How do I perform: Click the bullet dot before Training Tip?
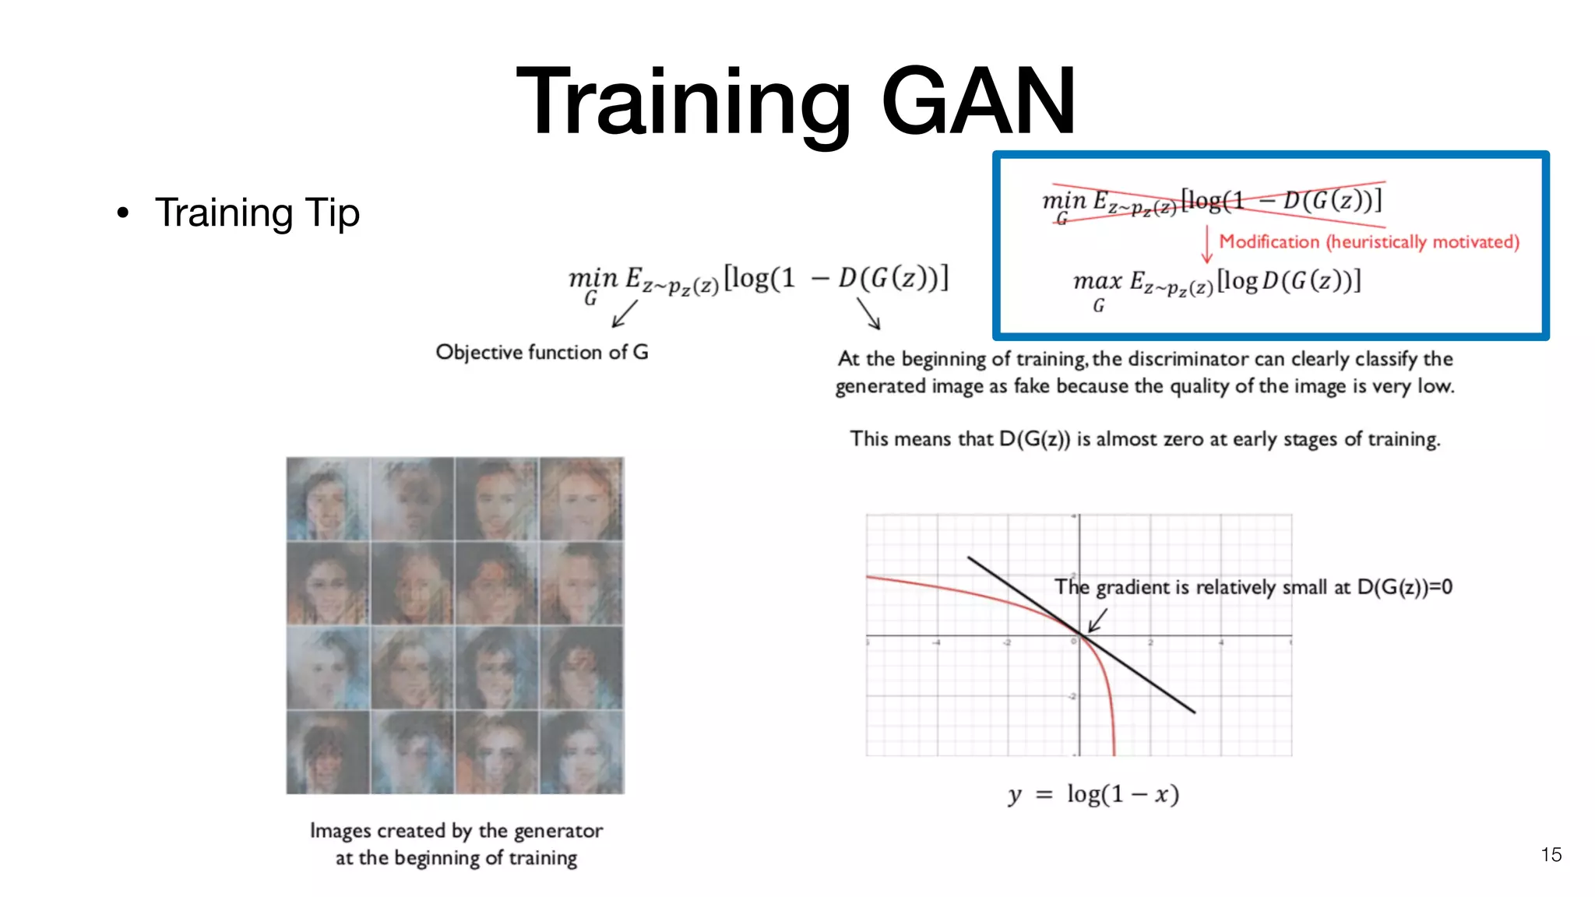(122, 213)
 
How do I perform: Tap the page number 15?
(1551, 854)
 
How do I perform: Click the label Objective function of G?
(541, 352)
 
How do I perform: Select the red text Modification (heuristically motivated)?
(1368, 241)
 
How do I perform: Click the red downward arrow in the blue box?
(1206, 244)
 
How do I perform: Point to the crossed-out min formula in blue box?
(1212, 202)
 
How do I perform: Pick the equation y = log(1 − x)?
(1093, 793)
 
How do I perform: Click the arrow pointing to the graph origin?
(1097, 621)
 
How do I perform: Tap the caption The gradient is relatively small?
(1252, 586)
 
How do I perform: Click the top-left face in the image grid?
(328, 498)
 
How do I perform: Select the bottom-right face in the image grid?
(582, 752)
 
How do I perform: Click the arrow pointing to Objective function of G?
(625, 314)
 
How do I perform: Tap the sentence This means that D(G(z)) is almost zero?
(1144, 439)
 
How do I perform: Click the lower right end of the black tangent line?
(1192, 710)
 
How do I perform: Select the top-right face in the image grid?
(582, 498)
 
